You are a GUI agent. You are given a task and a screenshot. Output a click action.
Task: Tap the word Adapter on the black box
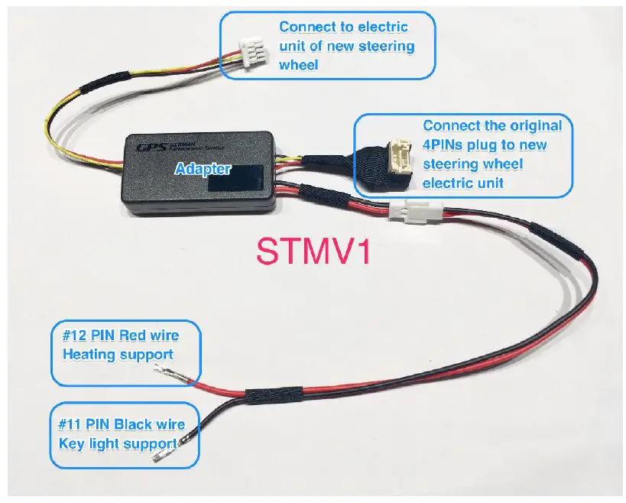point(203,168)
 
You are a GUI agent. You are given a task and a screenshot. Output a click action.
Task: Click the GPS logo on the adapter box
point(144,146)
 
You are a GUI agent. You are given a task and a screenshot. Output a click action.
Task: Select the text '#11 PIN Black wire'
point(121,423)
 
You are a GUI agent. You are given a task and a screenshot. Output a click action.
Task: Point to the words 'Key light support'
point(118,443)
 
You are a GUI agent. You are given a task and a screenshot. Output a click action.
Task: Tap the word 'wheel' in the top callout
point(299,65)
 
